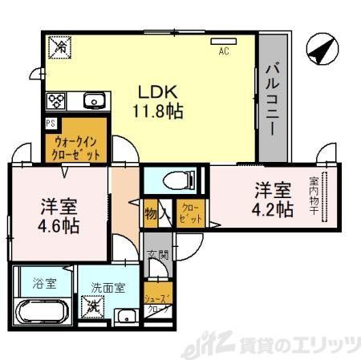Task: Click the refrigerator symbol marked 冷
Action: [x=60, y=47]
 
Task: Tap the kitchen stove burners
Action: [x=57, y=102]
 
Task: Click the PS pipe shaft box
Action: [x=51, y=123]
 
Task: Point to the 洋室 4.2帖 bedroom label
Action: [x=274, y=200]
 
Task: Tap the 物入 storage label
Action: [x=156, y=214]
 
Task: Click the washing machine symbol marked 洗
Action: [x=95, y=305]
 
